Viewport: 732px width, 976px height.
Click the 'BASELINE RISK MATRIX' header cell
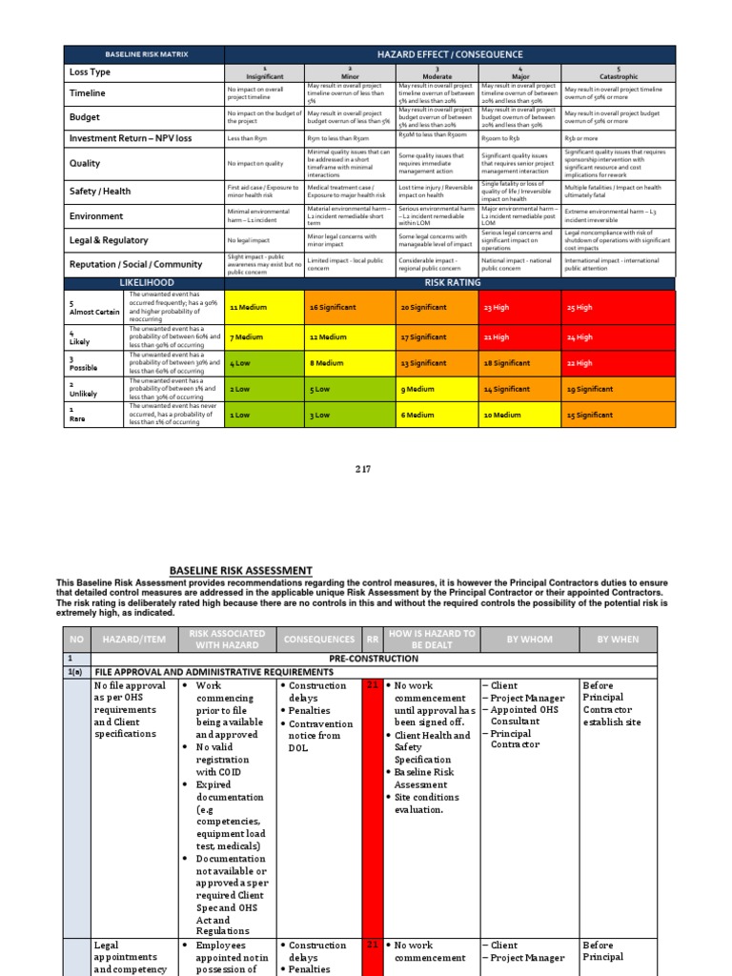click(142, 55)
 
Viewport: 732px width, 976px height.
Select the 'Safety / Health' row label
click(100, 191)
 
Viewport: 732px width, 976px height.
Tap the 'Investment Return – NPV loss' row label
click(130, 138)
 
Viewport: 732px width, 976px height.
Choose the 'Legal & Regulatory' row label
click(108, 241)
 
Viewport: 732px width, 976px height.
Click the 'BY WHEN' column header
click(619, 640)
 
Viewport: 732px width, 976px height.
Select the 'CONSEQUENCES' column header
click(318, 640)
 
